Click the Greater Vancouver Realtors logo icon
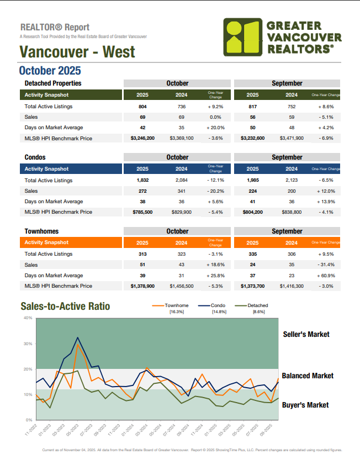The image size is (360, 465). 242,36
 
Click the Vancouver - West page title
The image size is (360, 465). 77,52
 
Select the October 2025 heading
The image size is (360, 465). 50,71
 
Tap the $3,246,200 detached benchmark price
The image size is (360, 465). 142,138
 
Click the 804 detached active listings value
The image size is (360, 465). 142,106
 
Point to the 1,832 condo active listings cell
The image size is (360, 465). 142,180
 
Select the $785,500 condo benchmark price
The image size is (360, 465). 142,212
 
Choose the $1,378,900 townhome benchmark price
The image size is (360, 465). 142,286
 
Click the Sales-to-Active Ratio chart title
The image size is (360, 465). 65,307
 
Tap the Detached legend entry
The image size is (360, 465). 258,305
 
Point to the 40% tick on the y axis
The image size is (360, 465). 28,318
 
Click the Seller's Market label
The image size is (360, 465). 306,334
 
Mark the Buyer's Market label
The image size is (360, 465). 305,405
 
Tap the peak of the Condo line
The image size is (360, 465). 77,337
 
